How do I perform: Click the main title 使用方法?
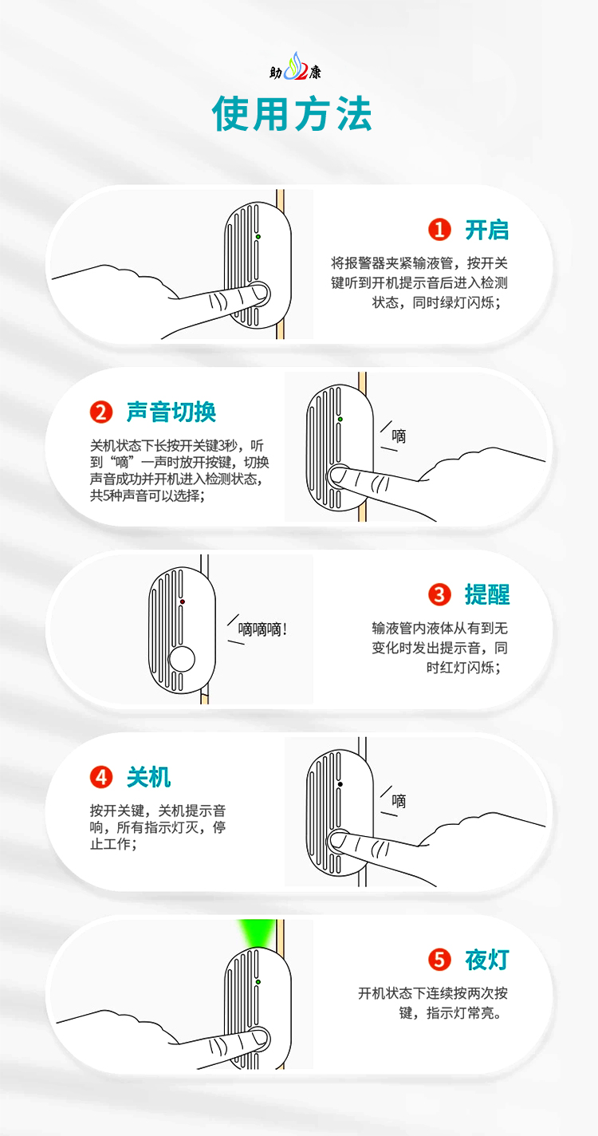[292, 114]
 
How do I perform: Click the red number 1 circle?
[439, 231]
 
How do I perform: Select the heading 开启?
[486, 231]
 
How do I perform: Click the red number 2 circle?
[100, 412]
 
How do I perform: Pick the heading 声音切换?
[171, 412]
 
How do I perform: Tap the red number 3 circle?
[439, 594]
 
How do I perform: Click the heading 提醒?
[486, 594]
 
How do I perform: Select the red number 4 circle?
[100, 776]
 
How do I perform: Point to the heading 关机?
[148, 776]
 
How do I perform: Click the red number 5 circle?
[439, 959]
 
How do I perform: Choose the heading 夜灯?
[486, 959]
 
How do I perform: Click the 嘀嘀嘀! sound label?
[262, 629]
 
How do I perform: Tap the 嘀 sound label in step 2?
[399, 436]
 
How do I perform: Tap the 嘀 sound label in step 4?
[399, 801]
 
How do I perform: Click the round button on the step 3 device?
[183, 659]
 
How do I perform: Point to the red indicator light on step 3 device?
[183, 601]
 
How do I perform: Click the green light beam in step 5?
[257, 933]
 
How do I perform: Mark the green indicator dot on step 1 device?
[258, 237]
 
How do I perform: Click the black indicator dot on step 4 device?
[340, 784]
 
